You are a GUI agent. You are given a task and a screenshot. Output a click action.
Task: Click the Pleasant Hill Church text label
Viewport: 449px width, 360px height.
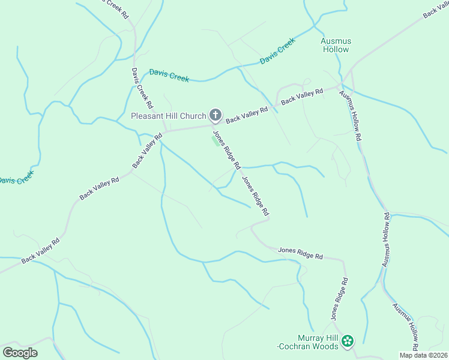coord(168,115)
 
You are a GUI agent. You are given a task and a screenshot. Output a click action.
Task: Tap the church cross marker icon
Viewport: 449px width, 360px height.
coord(215,115)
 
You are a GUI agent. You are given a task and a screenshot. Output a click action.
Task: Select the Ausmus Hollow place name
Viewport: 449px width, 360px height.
coord(336,45)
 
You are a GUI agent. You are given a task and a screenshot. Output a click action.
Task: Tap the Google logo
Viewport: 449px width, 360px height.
coord(20,352)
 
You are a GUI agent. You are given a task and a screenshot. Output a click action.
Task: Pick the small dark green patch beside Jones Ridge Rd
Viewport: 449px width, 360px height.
coord(215,140)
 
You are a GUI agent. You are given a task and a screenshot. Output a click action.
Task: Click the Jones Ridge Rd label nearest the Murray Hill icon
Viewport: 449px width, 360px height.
coord(338,298)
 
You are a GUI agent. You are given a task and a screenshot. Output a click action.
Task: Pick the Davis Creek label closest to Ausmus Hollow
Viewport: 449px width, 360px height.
coord(277,52)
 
